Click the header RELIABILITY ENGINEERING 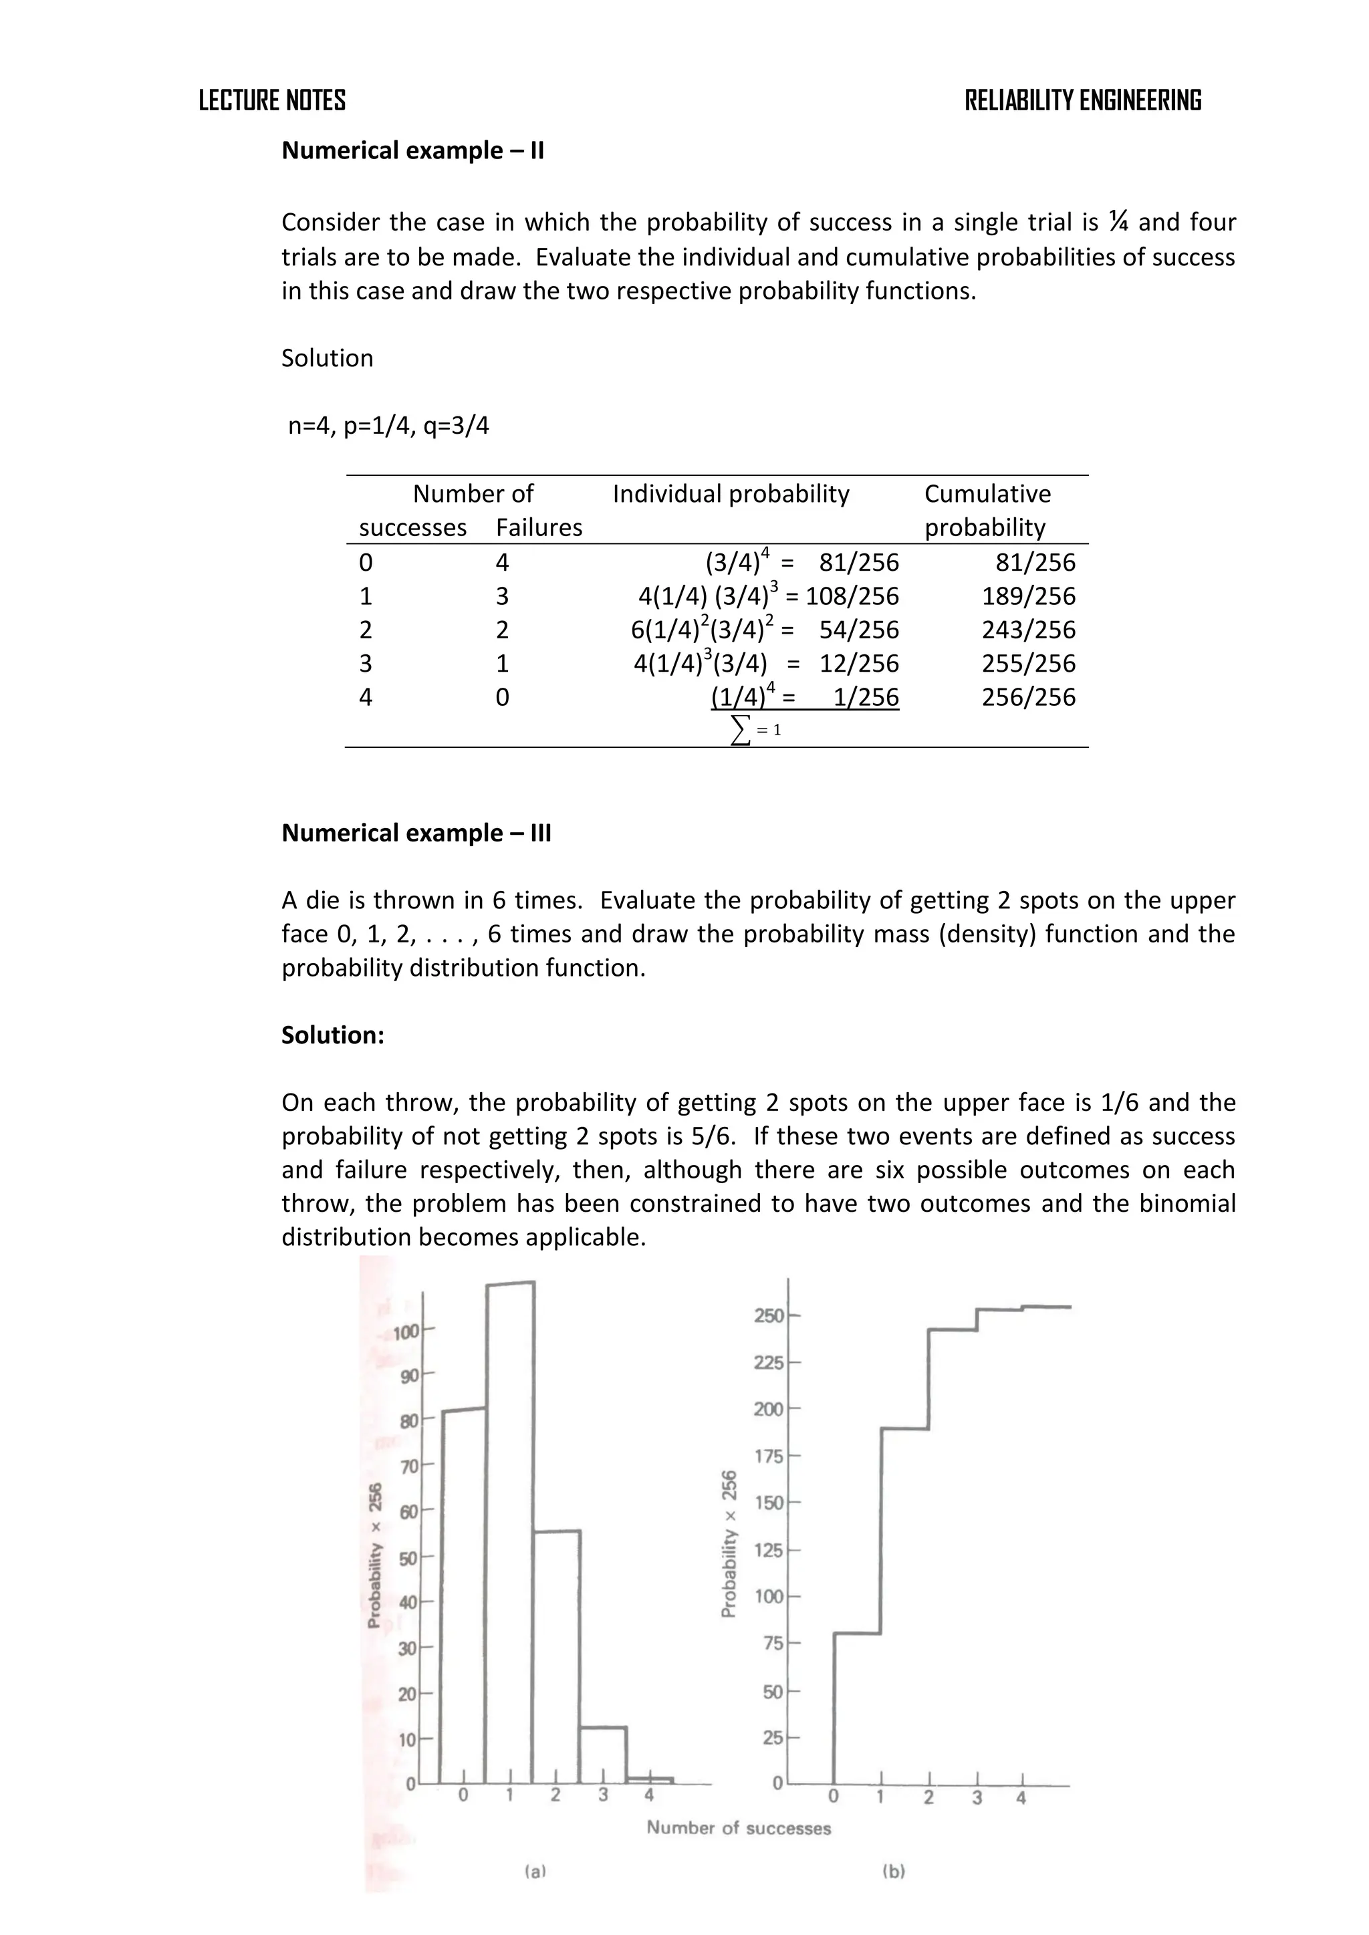tap(1082, 100)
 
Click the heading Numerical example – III tap(416, 833)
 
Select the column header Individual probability tap(730, 493)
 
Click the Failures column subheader tap(539, 527)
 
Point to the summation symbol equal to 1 tap(755, 729)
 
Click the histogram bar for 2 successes tap(555, 1652)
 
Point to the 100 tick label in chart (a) tap(406, 1332)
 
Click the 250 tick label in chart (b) tap(768, 1315)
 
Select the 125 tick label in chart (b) tap(768, 1550)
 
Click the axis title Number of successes tap(739, 1828)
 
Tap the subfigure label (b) tap(894, 1872)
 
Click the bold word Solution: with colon tap(332, 1035)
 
